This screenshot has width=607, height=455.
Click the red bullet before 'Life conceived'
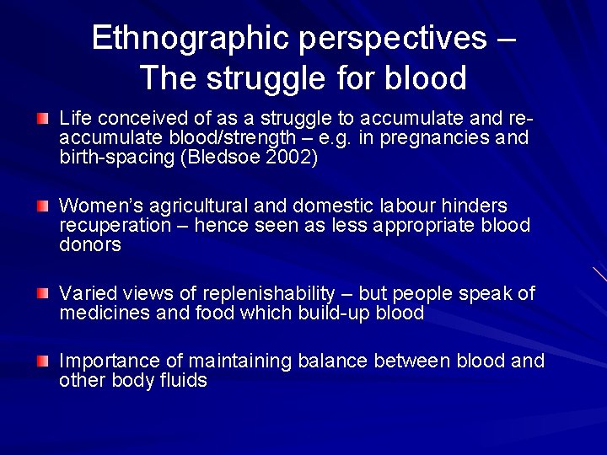(x=43, y=119)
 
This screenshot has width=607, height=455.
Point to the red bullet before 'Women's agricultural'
(x=43, y=206)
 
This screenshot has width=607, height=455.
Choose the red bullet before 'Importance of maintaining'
(x=43, y=361)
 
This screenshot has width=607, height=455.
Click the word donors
(x=90, y=245)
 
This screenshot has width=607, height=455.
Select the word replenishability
(x=263, y=293)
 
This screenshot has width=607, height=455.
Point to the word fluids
(x=183, y=380)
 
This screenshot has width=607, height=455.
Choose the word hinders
(x=475, y=206)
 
